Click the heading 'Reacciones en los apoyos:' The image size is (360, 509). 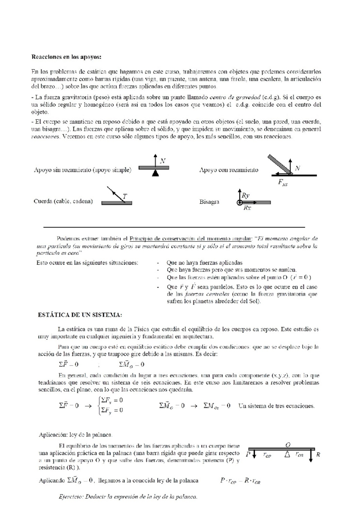click(67, 57)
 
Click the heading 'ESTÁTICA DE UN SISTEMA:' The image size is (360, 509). click(80, 315)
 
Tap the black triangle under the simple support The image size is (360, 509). click(155, 173)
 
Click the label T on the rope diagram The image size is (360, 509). click(125, 196)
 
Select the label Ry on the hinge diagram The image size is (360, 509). click(245, 195)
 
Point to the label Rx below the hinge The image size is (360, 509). click(247, 208)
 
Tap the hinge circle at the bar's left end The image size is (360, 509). click(239, 203)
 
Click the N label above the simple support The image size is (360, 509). click(162, 161)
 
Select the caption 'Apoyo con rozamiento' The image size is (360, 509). click(229, 170)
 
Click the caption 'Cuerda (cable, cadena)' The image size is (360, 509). click(63, 201)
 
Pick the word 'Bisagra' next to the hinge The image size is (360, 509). click(209, 202)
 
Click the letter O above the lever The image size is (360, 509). click(288, 445)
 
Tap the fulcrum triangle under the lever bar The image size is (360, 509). click(287, 454)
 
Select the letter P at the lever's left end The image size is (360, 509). click(248, 454)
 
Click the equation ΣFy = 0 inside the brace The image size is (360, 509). click(112, 410)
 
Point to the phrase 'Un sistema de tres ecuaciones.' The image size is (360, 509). click(276, 406)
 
